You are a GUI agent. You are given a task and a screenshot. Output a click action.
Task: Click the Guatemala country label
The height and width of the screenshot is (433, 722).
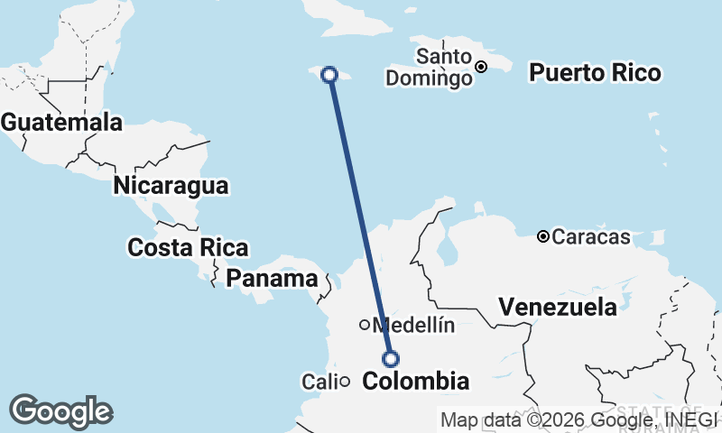tap(61, 122)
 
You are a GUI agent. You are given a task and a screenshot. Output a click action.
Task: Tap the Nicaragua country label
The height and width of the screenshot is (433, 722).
tap(171, 187)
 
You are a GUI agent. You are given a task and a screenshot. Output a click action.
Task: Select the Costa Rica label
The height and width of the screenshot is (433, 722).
tap(188, 247)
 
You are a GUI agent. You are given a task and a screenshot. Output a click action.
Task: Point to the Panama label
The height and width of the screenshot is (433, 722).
tap(272, 279)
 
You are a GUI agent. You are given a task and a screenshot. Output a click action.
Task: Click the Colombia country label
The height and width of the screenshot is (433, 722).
tap(415, 382)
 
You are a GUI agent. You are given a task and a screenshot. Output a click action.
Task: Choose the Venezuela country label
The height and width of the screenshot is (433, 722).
tap(559, 307)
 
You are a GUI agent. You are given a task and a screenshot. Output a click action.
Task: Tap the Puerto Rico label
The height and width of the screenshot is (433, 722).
tap(595, 72)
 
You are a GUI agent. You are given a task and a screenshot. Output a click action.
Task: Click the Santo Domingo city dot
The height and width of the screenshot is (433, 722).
tap(482, 66)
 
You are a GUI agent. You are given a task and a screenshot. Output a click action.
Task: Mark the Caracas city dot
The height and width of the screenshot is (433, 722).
tap(543, 236)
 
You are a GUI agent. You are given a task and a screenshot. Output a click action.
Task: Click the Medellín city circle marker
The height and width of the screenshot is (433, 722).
tap(365, 325)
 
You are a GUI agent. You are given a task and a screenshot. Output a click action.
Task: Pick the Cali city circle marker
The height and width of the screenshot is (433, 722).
tap(345, 382)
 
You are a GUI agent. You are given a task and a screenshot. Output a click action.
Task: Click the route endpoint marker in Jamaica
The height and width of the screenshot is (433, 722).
tap(330, 75)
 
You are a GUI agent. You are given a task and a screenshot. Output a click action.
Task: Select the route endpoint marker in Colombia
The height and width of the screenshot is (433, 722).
tap(391, 359)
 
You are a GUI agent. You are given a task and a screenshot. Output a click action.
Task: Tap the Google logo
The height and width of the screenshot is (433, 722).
tap(61, 411)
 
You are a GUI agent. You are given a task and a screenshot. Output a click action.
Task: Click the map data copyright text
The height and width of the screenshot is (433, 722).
tap(578, 419)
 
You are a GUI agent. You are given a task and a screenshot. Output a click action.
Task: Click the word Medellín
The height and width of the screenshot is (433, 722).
tap(413, 325)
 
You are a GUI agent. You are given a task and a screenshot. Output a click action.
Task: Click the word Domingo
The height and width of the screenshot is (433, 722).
tap(429, 78)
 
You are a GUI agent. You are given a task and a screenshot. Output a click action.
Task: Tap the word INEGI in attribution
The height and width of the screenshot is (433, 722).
tap(690, 419)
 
